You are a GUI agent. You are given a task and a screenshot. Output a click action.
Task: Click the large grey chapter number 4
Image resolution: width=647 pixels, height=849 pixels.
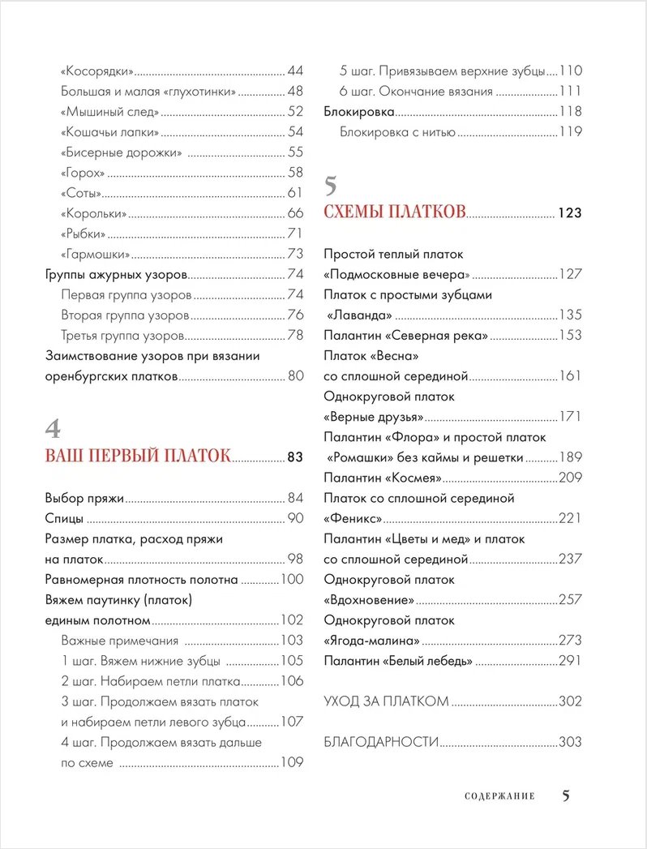click(x=53, y=428)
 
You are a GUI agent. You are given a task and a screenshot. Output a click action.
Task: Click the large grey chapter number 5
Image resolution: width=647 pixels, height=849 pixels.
click(x=331, y=186)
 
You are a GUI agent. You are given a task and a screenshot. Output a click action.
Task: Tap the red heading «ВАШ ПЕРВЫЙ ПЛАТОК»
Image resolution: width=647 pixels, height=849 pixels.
click(x=138, y=456)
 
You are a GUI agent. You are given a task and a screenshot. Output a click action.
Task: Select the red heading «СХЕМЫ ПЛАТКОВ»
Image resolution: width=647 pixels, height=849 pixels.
click(x=395, y=212)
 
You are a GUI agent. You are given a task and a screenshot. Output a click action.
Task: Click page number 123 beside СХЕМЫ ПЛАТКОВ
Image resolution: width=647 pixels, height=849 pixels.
click(x=570, y=213)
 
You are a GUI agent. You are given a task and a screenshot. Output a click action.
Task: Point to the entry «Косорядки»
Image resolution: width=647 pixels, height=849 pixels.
click(x=97, y=71)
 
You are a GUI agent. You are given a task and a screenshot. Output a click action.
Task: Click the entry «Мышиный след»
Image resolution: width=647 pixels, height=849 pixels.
click(x=109, y=111)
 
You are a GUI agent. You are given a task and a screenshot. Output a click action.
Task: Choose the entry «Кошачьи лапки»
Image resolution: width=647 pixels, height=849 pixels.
click(x=110, y=131)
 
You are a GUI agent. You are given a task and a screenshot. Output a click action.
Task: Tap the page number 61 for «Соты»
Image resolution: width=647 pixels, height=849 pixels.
click(x=294, y=193)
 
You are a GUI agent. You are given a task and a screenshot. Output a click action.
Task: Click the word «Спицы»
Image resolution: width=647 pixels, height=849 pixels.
click(x=64, y=518)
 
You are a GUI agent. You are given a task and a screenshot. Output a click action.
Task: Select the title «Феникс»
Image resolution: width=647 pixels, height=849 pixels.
click(x=353, y=518)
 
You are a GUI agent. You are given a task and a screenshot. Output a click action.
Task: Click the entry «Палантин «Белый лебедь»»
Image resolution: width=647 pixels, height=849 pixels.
click(x=398, y=661)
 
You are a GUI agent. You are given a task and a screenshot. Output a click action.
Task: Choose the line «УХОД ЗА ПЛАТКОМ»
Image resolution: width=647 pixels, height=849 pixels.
click(x=386, y=701)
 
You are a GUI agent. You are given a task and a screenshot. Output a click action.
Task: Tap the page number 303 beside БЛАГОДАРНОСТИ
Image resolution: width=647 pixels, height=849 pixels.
click(x=571, y=742)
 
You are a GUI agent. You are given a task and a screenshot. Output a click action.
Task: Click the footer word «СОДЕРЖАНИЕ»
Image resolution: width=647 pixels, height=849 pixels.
click(x=499, y=796)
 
